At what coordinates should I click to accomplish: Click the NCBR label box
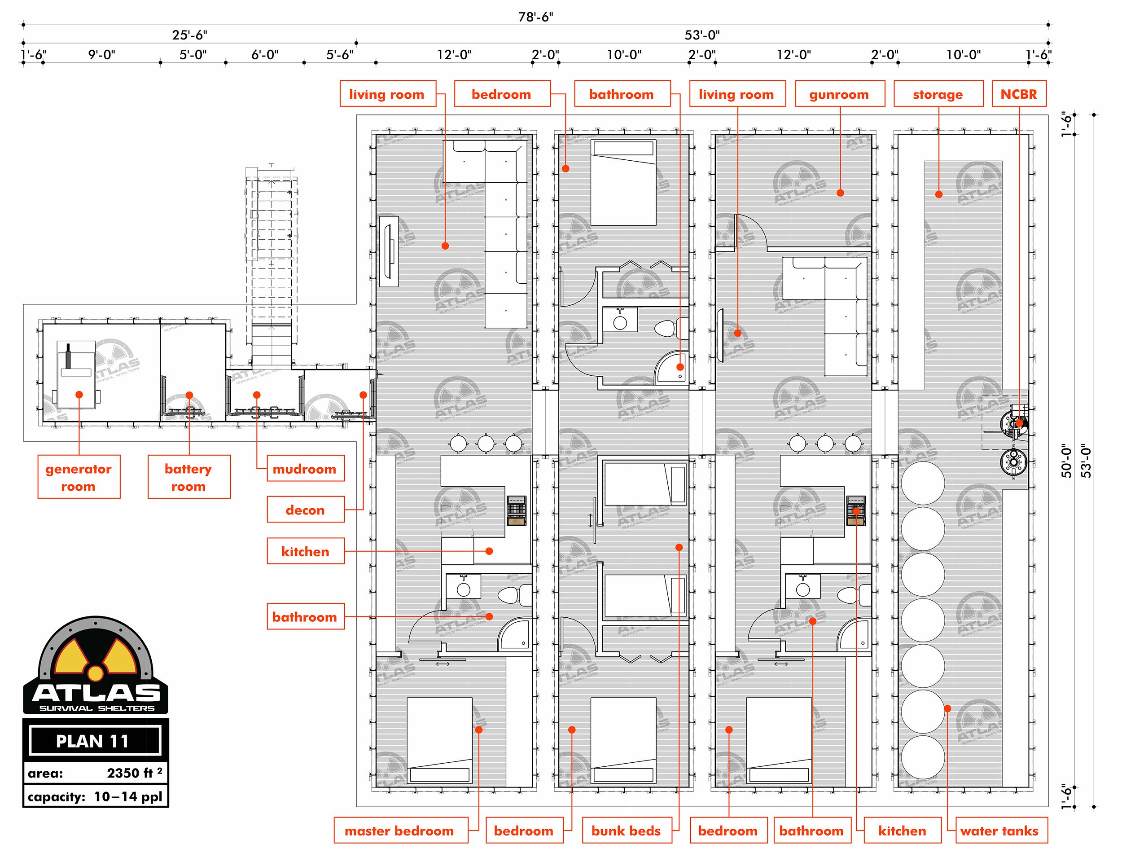click(x=1018, y=93)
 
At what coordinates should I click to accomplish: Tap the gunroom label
click(x=839, y=93)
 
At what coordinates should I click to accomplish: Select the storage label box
click(x=938, y=93)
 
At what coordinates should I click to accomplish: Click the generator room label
click(x=79, y=477)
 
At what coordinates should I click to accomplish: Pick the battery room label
click(x=188, y=477)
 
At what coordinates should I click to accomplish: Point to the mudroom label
click(x=305, y=468)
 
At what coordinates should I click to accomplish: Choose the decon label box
click(x=305, y=510)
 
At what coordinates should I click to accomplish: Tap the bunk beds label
click(x=626, y=831)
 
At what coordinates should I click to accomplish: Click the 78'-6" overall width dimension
click(x=536, y=17)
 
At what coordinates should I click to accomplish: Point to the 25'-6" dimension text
click(x=189, y=35)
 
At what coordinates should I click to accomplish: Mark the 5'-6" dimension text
click(x=340, y=54)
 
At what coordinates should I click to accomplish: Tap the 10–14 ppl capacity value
click(x=128, y=796)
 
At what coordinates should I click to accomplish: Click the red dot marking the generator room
click(x=79, y=395)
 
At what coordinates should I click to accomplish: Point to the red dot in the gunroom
click(x=840, y=193)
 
